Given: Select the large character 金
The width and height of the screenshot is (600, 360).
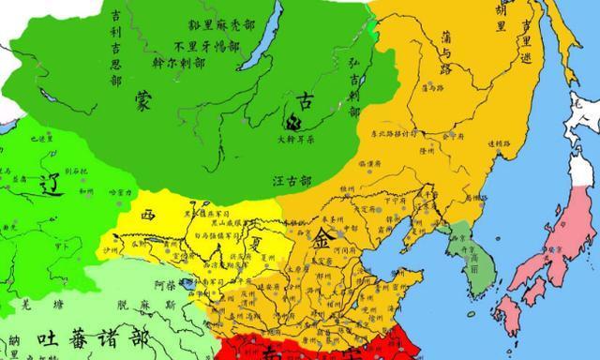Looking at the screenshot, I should (322, 241).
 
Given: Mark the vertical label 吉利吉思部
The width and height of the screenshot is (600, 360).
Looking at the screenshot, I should (121, 47).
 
